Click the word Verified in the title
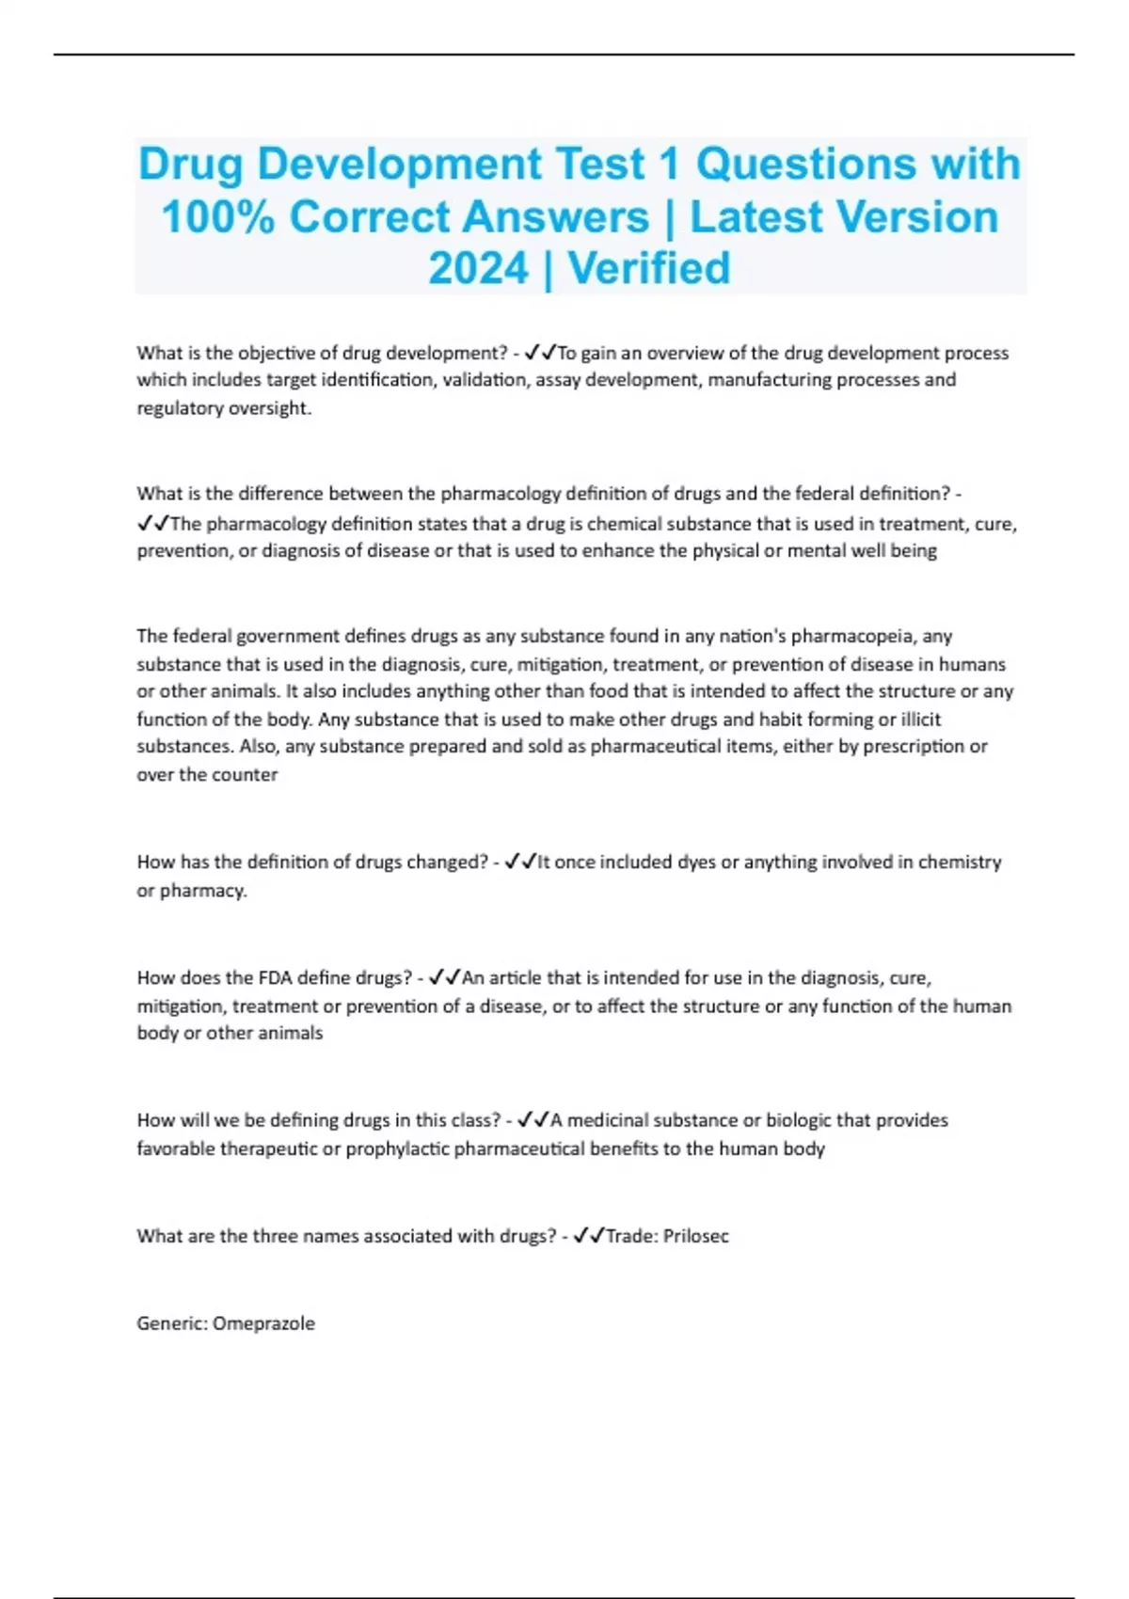[x=649, y=269]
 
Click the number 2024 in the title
[x=479, y=269]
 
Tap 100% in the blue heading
[x=217, y=217]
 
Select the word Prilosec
[x=695, y=1236]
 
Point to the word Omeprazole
[x=263, y=1323]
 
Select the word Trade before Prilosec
[x=629, y=1236]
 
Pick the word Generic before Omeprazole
[x=172, y=1323]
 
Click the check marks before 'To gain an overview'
[x=540, y=353]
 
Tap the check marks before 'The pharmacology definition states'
[x=152, y=523]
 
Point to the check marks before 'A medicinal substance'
[x=533, y=1120]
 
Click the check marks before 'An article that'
[x=444, y=978]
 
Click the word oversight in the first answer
[x=268, y=408]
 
